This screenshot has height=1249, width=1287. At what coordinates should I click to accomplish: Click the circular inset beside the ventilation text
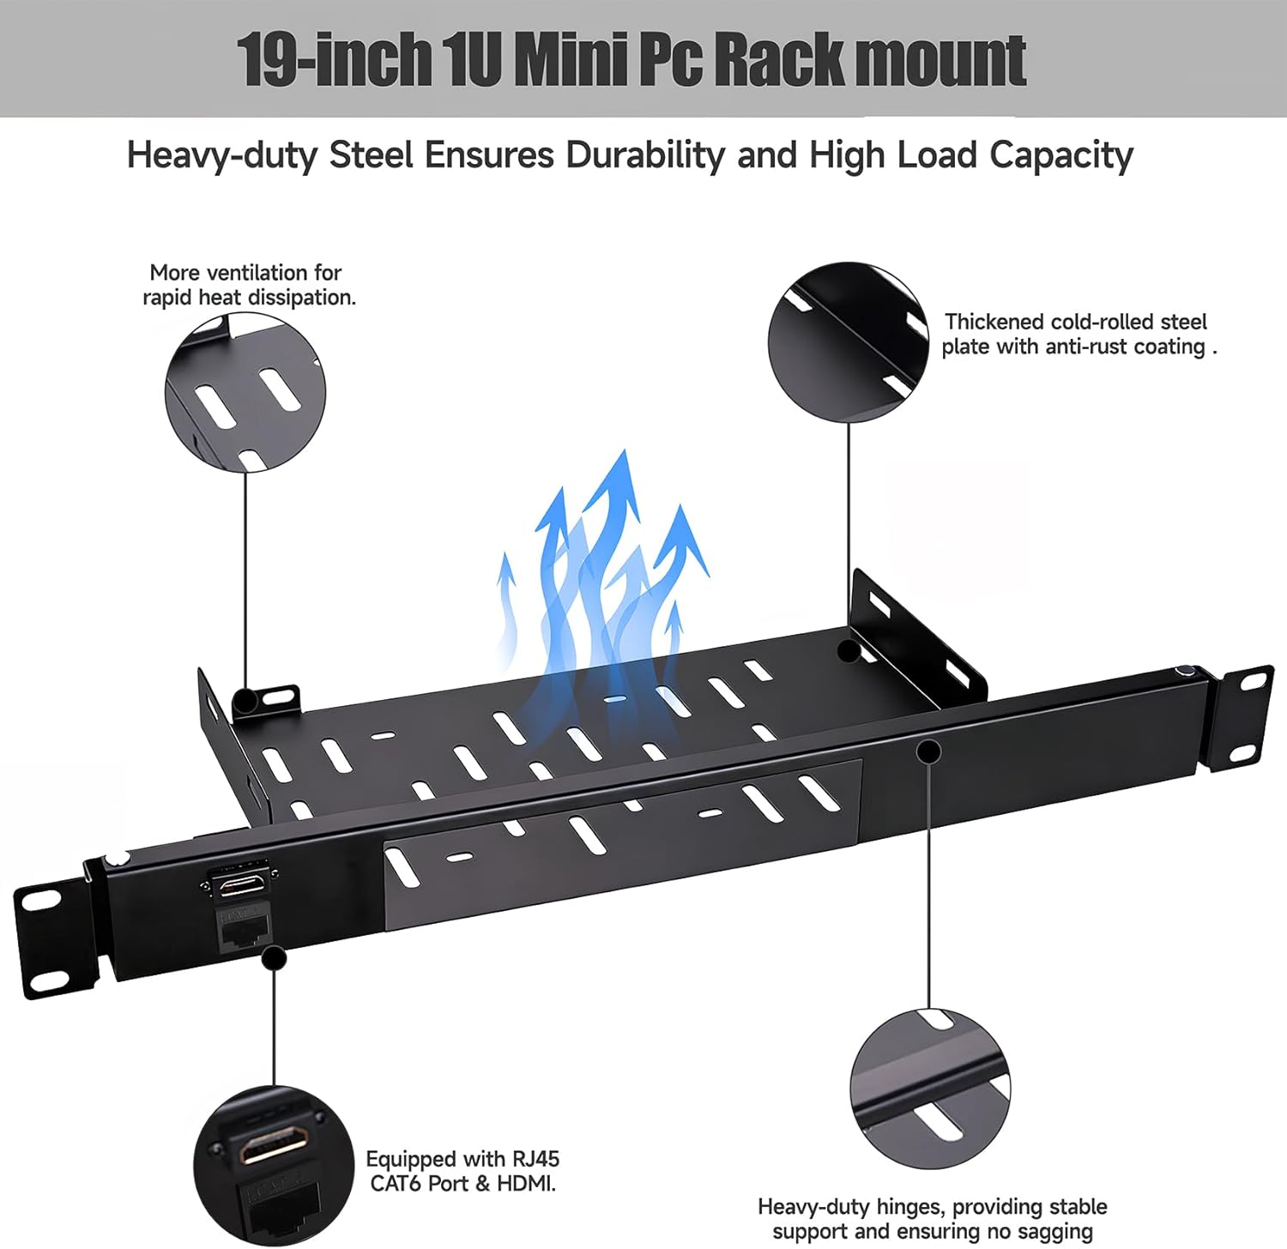245,391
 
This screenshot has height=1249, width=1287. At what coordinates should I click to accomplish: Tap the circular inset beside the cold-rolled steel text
849,342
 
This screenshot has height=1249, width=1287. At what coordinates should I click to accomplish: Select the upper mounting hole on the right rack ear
1254,682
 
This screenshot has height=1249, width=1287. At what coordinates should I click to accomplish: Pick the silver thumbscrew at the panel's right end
1185,673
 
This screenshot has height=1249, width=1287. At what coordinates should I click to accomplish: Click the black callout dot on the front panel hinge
928,751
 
